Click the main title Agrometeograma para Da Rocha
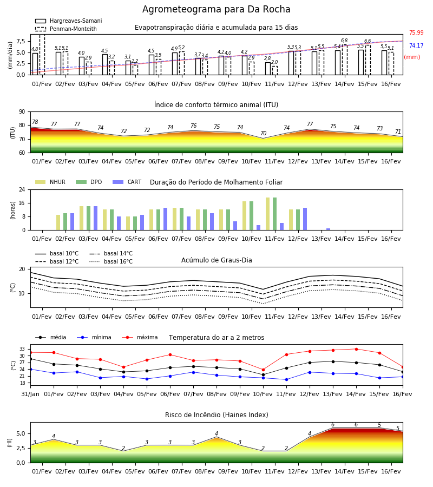coord(216,9)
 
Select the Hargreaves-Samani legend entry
coord(68,21)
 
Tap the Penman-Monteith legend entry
coord(66,29)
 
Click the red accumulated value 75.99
coord(416,32)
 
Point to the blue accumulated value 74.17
coord(416,45)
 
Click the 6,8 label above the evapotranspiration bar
coord(344,41)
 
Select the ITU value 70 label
coord(263,133)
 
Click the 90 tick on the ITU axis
coord(22,112)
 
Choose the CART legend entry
coord(127,182)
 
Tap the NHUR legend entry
coord(50,182)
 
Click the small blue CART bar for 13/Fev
coord(329,229)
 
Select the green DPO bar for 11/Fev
coord(274,214)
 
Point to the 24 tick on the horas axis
coord(22,189)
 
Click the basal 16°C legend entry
coord(111,261)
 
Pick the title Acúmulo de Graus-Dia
coord(216,260)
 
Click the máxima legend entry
coord(140,337)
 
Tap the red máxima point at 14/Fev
coord(356,349)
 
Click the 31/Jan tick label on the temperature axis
coord(30,394)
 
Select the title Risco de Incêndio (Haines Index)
coord(216,414)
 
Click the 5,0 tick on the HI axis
coord(21,433)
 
